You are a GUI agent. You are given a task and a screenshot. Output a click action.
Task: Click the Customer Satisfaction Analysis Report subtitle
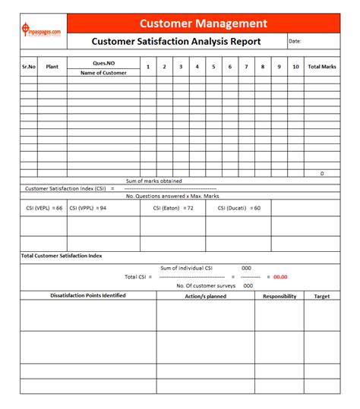point(175,42)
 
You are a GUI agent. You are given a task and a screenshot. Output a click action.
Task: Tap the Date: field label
point(295,42)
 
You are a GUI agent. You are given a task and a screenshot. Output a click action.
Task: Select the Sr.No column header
point(29,67)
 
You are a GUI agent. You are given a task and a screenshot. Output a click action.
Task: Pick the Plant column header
point(52,67)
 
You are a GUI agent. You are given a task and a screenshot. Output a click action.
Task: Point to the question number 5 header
point(213,67)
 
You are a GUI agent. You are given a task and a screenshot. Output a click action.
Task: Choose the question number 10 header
point(296,67)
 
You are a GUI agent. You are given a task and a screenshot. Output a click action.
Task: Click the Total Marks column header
point(322,67)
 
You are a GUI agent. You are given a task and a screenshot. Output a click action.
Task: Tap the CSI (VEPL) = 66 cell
point(43,207)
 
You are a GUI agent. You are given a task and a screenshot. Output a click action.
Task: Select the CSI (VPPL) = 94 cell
point(88,207)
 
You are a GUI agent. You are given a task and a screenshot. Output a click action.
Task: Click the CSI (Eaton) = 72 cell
point(168,207)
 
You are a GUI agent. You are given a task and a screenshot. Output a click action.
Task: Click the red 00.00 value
point(280,277)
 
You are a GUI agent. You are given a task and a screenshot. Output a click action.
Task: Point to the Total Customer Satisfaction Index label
point(62,256)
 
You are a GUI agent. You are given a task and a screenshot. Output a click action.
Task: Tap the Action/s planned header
point(205,296)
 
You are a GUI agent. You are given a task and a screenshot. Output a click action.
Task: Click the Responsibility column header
point(279,296)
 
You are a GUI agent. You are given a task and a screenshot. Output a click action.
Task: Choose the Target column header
point(322,296)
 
